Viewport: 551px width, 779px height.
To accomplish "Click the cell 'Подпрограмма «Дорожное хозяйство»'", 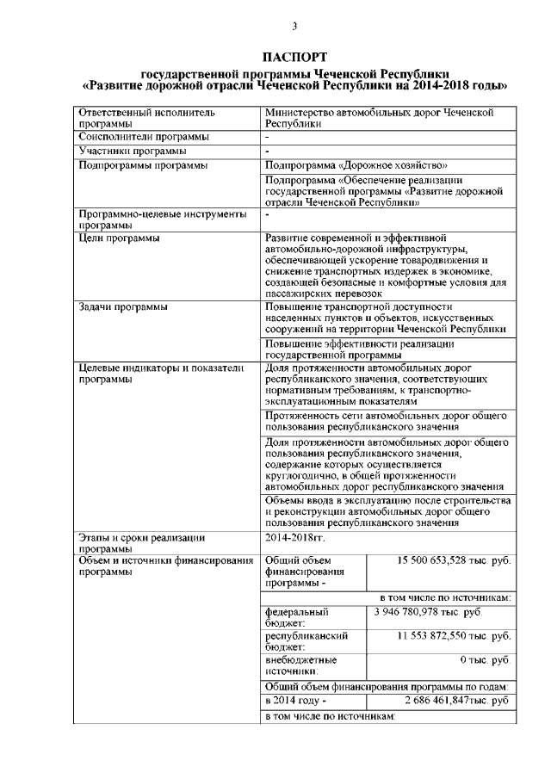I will [356, 165].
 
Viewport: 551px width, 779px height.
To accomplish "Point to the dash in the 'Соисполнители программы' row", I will [269, 137].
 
